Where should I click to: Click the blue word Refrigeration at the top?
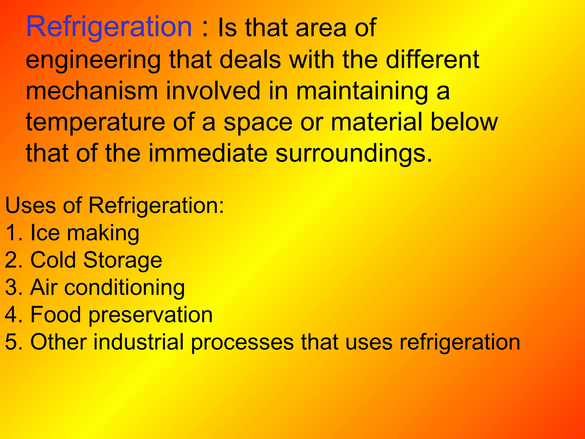click(109, 27)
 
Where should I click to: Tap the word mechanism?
click(92, 91)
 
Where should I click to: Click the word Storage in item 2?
click(123, 260)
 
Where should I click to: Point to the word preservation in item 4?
click(150, 315)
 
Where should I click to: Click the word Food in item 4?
click(56, 315)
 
